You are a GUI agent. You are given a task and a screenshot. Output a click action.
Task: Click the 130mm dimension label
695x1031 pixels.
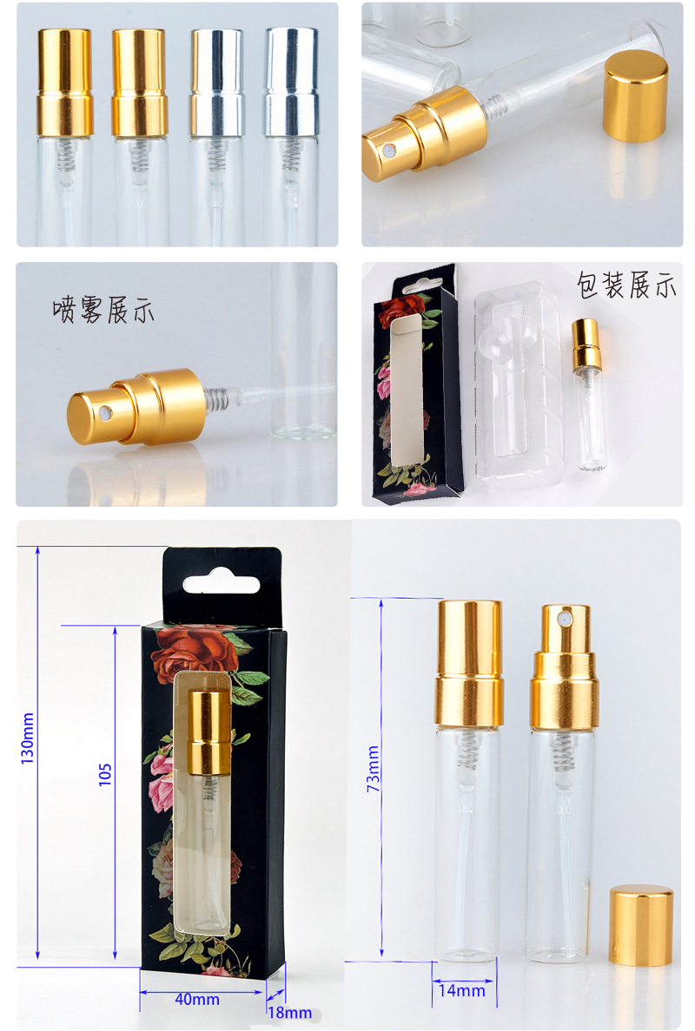(27, 739)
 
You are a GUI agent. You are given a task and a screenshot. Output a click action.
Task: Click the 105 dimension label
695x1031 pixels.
(105, 775)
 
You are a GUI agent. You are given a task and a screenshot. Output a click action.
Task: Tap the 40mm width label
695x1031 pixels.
(197, 999)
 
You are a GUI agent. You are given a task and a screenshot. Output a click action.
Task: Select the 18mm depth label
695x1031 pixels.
(289, 1012)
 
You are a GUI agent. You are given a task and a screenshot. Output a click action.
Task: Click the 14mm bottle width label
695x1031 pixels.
(461, 990)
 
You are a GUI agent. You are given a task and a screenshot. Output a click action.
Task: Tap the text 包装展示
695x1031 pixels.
(625, 285)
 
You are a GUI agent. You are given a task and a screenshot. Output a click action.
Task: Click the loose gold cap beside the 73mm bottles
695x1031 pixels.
(641, 925)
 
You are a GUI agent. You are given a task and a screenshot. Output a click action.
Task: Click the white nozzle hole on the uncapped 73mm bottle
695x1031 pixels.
(563, 620)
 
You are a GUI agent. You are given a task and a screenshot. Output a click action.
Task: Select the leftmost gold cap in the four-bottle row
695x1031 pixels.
(64, 82)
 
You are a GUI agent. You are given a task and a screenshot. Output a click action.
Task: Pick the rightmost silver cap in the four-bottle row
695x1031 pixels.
(291, 82)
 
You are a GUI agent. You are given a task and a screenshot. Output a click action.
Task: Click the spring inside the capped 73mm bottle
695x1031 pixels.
(467, 751)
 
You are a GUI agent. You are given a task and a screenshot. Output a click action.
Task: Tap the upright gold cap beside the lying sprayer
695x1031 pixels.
(635, 96)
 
